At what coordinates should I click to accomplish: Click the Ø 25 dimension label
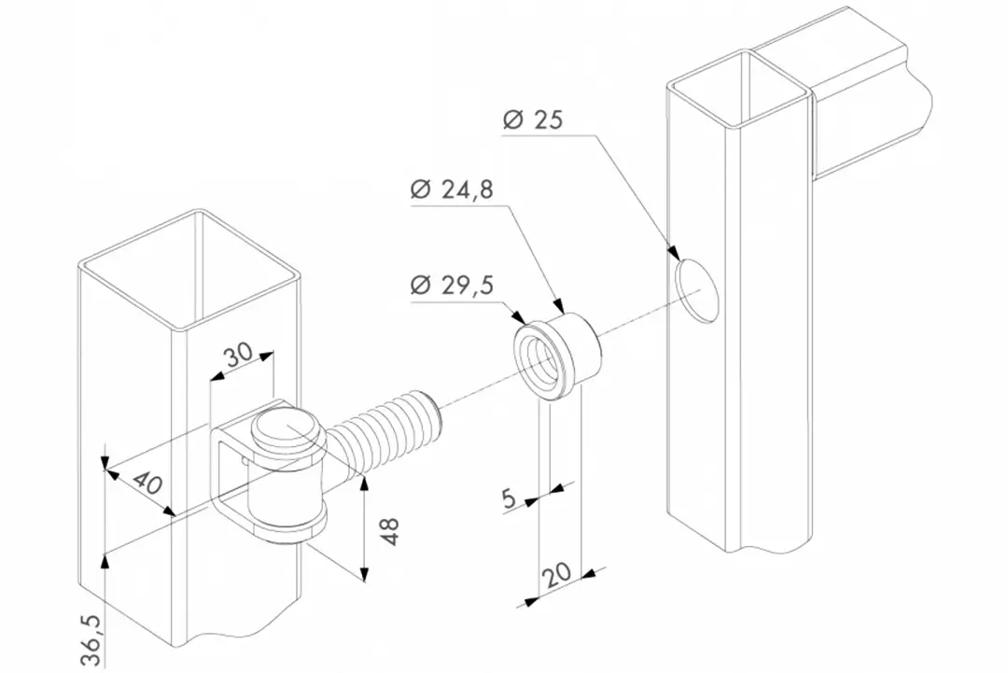tap(533, 120)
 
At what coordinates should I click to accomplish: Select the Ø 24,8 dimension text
tap(452, 189)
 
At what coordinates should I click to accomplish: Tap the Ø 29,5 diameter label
tap(452, 284)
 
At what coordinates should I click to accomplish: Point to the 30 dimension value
tap(240, 356)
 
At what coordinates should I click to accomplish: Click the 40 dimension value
tap(147, 482)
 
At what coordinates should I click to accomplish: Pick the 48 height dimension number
tap(390, 531)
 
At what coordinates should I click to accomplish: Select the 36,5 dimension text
tap(91, 640)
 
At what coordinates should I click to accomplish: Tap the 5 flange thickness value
tap(510, 499)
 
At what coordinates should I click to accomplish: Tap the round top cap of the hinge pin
tap(286, 429)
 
